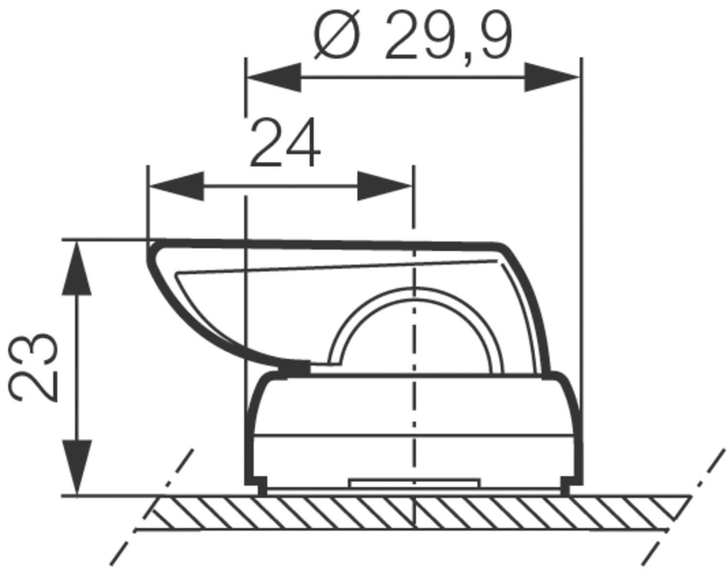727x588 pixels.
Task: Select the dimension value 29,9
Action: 448,37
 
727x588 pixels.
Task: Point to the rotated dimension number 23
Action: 34,367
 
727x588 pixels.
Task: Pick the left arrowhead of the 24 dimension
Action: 176,186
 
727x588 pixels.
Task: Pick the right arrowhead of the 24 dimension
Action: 384,186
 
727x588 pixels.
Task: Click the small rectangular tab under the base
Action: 414,483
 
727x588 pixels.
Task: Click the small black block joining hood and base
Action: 294,369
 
